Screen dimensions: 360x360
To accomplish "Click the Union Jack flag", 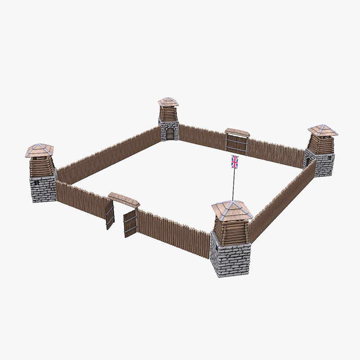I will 234,162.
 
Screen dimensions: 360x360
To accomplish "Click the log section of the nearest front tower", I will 231,232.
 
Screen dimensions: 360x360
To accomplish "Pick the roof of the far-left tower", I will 40,150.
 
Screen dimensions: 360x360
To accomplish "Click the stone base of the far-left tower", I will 43,189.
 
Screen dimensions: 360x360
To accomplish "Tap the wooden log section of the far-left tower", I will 40,166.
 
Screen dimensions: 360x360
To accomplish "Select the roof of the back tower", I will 168,102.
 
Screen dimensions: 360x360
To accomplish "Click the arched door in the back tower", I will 170,133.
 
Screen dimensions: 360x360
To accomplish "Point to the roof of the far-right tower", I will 322,130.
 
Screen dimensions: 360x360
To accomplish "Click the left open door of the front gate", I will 110,215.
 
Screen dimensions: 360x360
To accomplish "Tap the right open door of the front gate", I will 130,223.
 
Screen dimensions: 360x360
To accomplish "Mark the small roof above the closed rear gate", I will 237,132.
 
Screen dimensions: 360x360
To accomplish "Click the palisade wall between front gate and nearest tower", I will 173,234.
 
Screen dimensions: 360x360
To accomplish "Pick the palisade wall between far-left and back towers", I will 108,153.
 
